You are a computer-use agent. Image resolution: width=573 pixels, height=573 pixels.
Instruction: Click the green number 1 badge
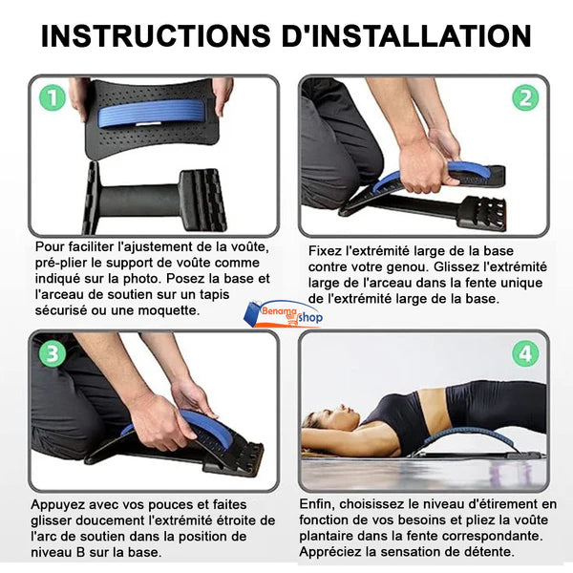click(x=53, y=97)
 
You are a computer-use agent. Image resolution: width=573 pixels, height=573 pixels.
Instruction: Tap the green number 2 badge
click(x=525, y=97)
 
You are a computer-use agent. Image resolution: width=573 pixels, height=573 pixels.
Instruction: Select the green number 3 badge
click(x=53, y=353)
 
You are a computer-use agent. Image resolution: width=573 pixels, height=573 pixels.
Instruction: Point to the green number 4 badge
click(x=525, y=353)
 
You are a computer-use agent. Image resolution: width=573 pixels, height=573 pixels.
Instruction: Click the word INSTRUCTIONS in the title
click(x=156, y=36)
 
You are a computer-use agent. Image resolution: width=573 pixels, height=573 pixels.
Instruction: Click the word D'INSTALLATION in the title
click(x=407, y=36)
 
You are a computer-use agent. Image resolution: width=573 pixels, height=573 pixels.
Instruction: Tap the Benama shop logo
click(x=284, y=314)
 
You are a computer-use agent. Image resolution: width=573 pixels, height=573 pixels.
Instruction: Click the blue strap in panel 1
click(x=151, y=113)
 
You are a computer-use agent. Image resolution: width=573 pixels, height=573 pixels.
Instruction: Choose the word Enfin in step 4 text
click(x=316, y=504)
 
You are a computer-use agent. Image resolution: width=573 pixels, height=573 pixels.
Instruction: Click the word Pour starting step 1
click(x=48, y=247)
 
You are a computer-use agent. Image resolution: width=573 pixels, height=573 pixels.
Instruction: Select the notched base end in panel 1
click(x=202, y=200)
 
